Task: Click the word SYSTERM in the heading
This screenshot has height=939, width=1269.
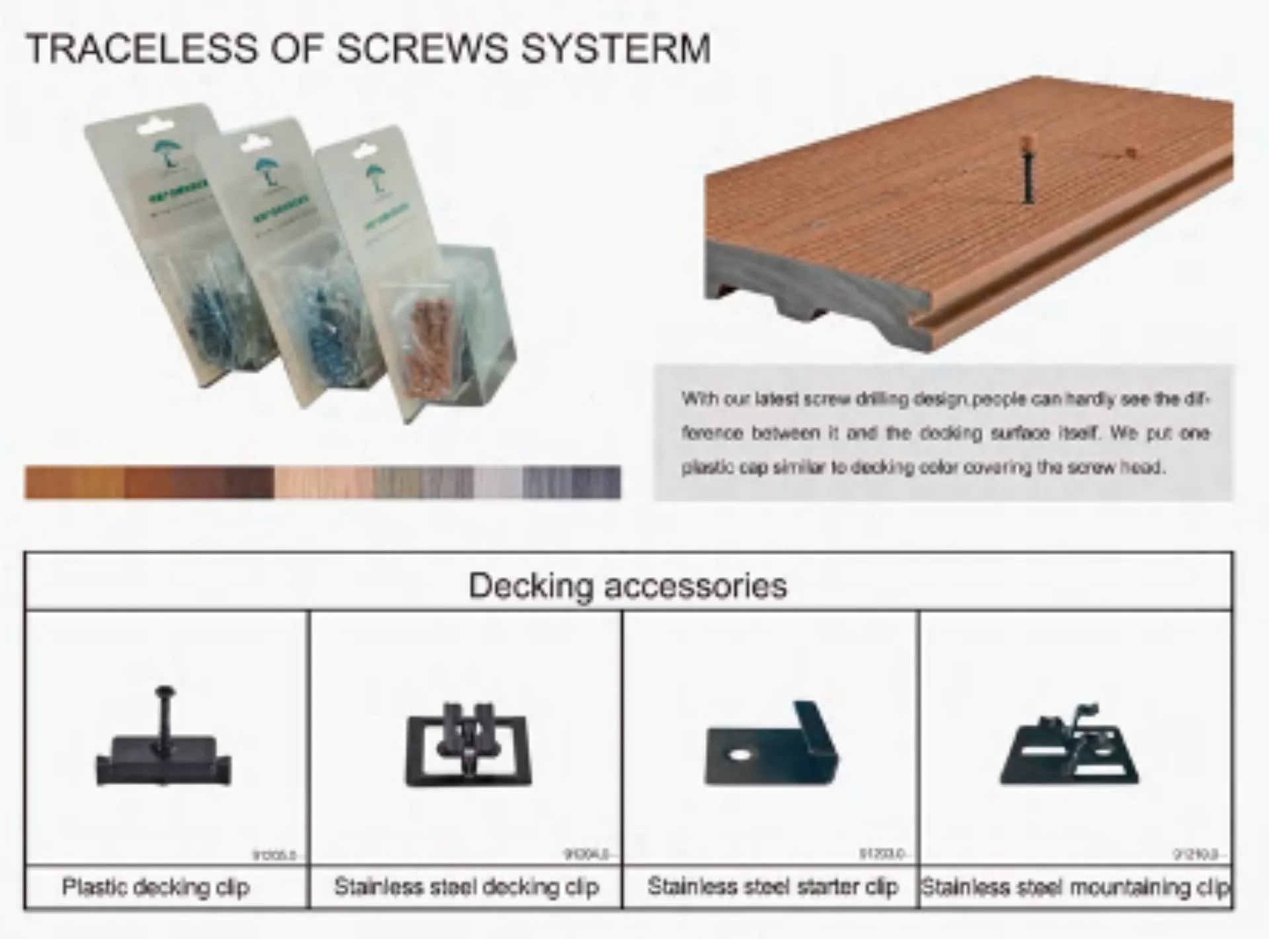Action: click(615, 48)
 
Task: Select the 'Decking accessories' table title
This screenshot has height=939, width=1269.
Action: click(628, 585)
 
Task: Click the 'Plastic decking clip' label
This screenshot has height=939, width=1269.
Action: click(156, 887)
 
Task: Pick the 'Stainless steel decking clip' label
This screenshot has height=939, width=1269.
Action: click(467, 887)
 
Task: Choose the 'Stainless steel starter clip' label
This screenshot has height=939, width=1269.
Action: click(773, 887)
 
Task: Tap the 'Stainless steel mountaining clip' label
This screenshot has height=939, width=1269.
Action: click(1075, 887)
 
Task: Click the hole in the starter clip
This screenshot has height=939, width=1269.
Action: click(740, 753)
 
